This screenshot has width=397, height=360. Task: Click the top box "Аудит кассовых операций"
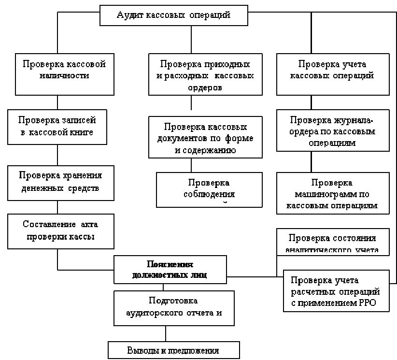(174, 15)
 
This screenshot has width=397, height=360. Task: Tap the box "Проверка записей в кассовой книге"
(57, 127)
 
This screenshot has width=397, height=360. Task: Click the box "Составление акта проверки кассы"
(60, 230)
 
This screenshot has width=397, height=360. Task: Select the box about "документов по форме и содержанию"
(205, 138)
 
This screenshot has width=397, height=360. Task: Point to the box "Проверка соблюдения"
(209, 189)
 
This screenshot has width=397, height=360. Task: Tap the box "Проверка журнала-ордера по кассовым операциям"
(332, 131)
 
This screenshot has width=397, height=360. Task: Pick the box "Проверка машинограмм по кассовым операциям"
(332, 194)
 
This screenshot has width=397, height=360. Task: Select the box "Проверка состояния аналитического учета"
(332, 242)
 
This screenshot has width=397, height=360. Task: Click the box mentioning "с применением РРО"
(336, 291)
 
